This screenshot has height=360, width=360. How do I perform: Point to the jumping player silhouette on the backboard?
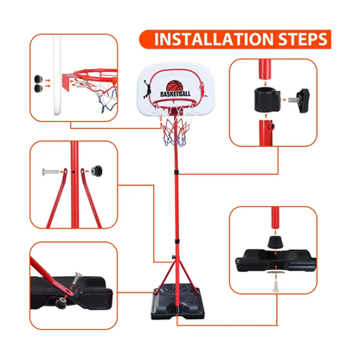pyautogui.click(x=152, y=86)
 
